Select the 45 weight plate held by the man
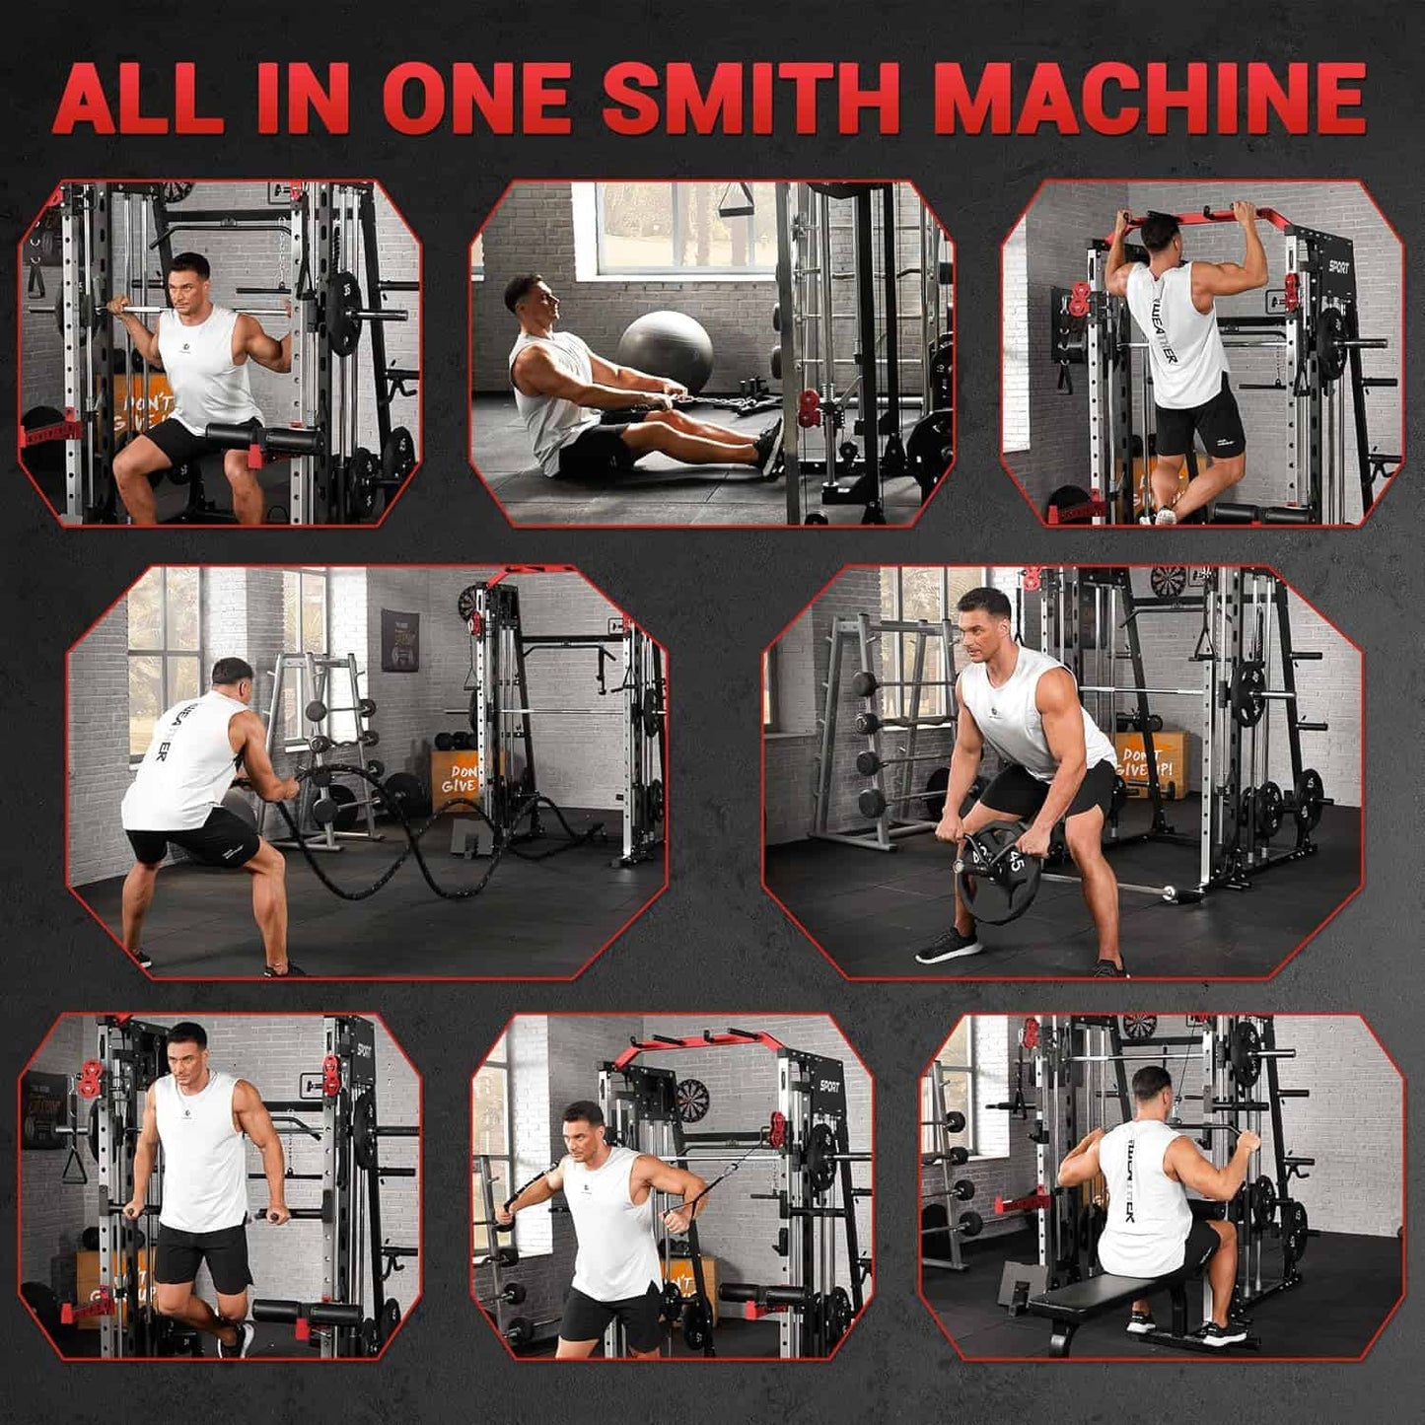click(997, 871)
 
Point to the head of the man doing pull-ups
click(1161, 234)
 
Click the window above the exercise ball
click(680, 227)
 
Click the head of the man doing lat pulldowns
click(1150, 1091)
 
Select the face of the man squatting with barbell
click(189, 283)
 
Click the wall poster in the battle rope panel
click(399, 640)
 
